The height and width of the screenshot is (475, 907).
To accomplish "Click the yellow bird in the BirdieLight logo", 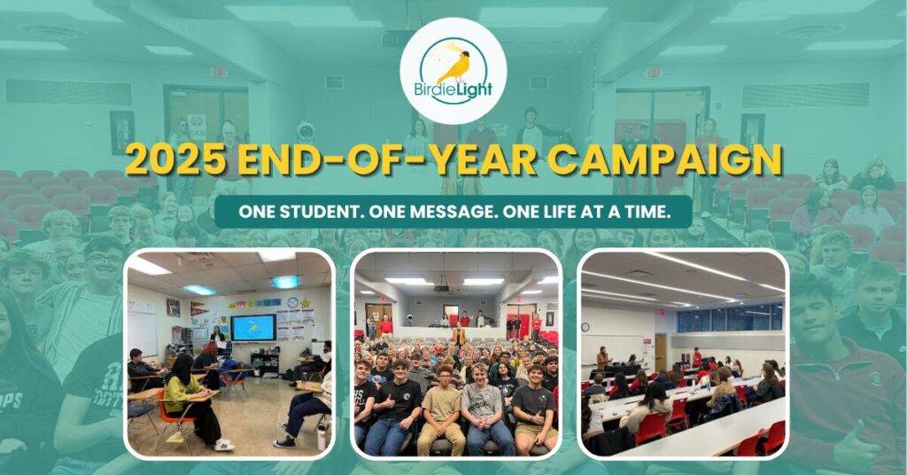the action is tap(454, 66).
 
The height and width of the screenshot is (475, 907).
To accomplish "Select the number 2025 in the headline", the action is tap(175, 160).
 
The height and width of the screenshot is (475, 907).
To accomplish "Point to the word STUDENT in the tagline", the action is tap(315, 212).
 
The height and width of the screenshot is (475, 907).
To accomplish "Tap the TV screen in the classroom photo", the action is tap(252, 328).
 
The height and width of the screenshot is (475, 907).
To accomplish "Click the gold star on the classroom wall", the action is tap(305, 302).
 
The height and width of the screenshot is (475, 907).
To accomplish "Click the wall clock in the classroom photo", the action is tap(293, 302).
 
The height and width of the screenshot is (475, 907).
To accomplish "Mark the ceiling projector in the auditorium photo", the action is tap(441, 288).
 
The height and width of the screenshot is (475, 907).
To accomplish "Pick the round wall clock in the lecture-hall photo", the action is tap(586, 327).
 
